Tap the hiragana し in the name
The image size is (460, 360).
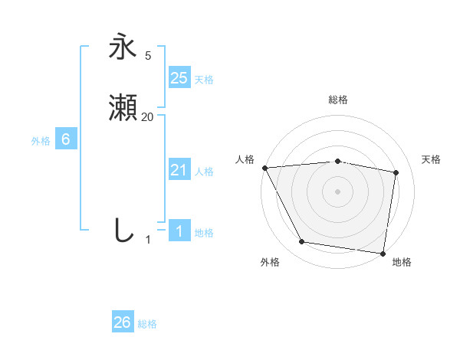(x=123, y=230)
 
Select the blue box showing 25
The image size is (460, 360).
(x=179, y=77)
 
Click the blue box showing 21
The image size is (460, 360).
(x=179, y=170)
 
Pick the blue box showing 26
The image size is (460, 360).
(x=123, y=322)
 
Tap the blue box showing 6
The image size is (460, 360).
(x=66, y=139)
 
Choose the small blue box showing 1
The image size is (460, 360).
(x=179, y=231)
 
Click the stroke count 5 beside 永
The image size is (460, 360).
(x=147, y=55)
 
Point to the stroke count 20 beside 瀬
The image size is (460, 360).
(x=147, y=117)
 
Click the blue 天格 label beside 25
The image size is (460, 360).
(x=204, y=80)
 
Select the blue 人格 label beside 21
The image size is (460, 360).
(x=204, y=172)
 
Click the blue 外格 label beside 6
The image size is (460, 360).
(x=41, y=141)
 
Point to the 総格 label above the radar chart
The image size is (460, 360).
(x=338, y=100)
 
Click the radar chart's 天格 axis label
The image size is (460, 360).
(x=431, y=159)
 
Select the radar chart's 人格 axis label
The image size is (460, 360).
(x=245, y=159)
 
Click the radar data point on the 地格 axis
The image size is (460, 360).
(x=383, y=253)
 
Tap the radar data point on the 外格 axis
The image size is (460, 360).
(x=302, y=242)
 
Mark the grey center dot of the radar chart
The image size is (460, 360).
(x=338, y=191)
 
